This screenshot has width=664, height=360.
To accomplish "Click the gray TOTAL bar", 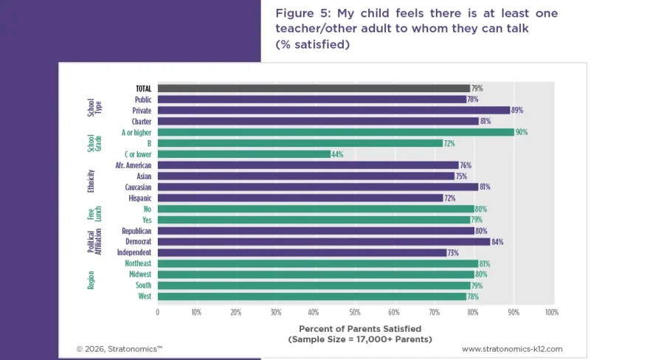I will [314, 89].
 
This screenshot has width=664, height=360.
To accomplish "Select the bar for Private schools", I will [333, 110].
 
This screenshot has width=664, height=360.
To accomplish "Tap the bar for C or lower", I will [243, 154].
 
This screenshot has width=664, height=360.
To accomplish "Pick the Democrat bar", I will [323, 241].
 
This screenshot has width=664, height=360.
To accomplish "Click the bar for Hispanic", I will [300, 198].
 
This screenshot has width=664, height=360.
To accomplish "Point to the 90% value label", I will [522, 132].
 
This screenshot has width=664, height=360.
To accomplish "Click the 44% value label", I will [338, 154].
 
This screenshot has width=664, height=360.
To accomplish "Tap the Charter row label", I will [142, 121].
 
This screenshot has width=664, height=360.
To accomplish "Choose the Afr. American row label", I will [134, 165].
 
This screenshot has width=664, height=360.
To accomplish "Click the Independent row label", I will [134, 252].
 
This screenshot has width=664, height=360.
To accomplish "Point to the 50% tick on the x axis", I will [354, 312].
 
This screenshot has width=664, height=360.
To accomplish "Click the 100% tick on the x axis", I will [550, 312].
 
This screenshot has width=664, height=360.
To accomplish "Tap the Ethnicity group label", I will [91, 181].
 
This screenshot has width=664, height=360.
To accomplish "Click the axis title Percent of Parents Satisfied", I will [359, 328].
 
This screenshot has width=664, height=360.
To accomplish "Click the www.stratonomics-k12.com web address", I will [512, 348].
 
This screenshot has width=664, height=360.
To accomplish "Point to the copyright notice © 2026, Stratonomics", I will [119, 348].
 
